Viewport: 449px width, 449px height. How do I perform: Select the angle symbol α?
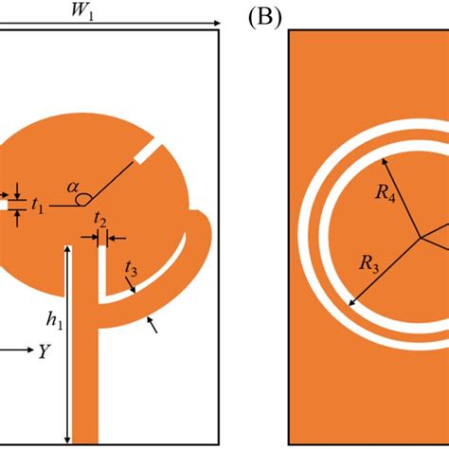point(72,188)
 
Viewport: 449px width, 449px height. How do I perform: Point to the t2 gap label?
point(100,222)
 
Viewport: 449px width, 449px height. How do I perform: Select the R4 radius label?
point(385,194)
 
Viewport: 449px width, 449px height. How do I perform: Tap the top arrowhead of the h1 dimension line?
point(66,248)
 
